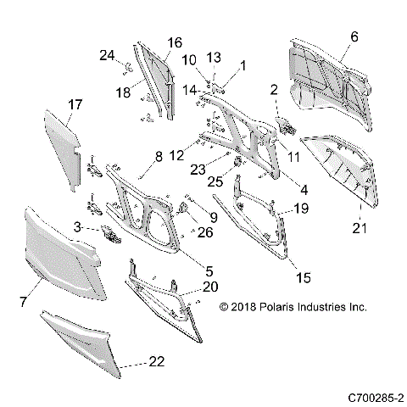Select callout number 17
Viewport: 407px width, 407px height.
point(75,104)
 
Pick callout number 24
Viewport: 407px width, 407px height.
point(106,55)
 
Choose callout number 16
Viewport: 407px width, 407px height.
point(174,42)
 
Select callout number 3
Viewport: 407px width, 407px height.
point(77,227)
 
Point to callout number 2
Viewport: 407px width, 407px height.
point(274,90)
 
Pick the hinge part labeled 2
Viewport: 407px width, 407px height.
point(287,127)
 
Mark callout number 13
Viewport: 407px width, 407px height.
point(214,57)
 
